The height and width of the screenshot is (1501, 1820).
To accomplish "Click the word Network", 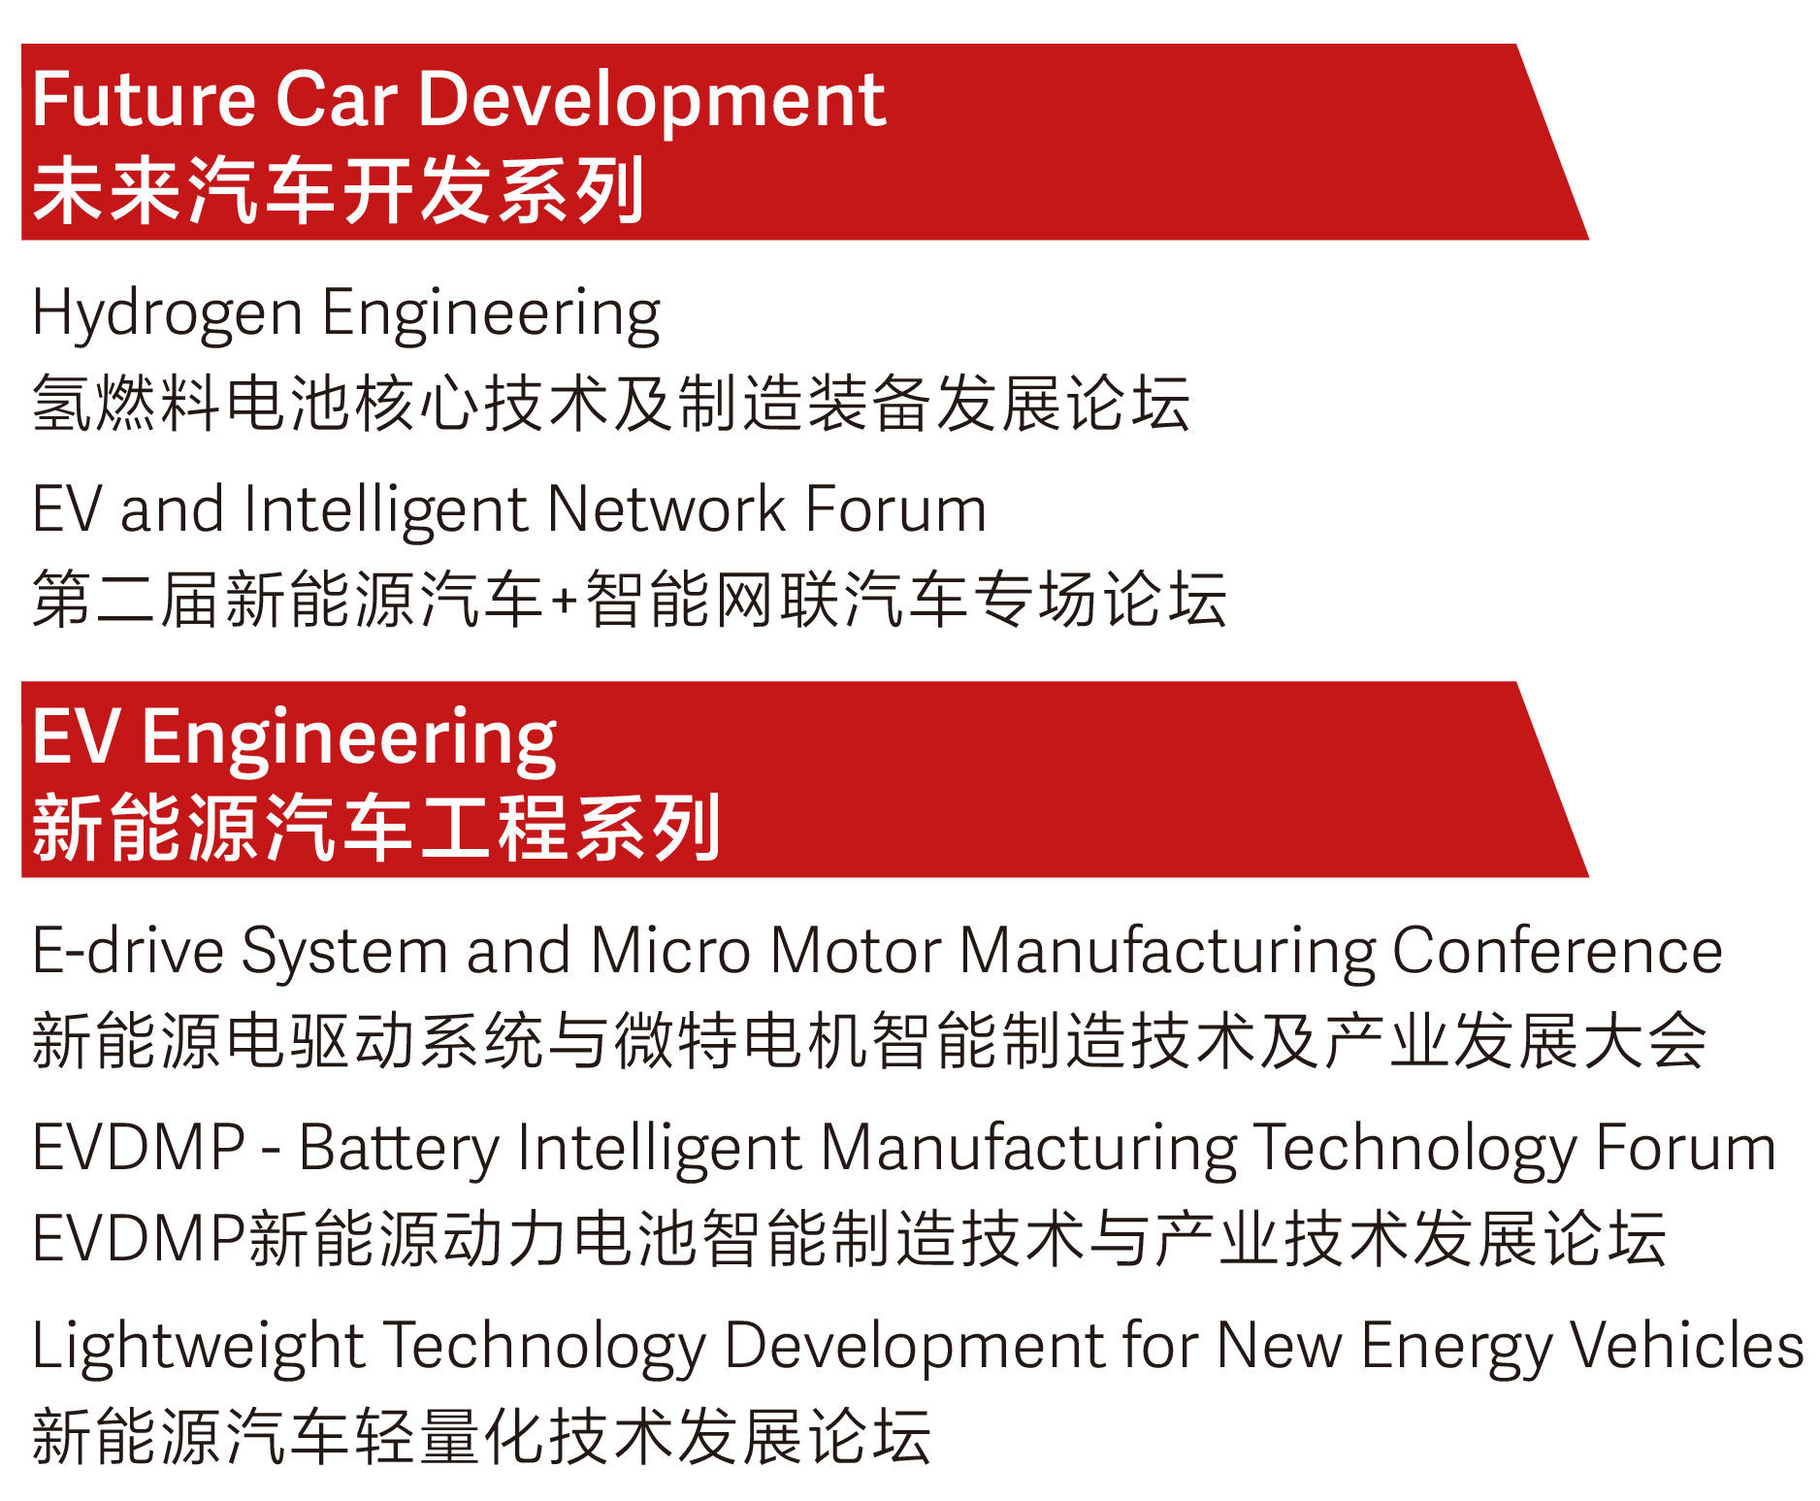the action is point(666,509).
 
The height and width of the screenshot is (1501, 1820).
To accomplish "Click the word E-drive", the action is point(127,950).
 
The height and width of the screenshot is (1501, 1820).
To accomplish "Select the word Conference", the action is point(1557,950).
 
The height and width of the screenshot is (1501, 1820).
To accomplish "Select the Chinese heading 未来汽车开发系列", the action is point(338,190).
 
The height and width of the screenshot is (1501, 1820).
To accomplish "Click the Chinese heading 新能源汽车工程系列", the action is point(376,828).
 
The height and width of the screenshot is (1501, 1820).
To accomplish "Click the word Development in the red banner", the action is point(652,102).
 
